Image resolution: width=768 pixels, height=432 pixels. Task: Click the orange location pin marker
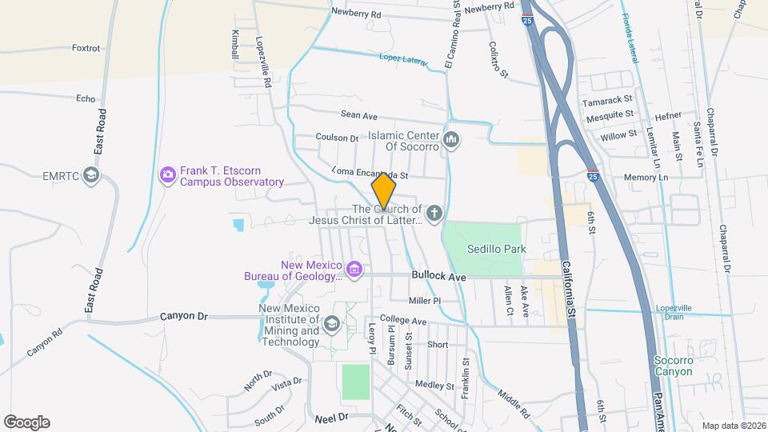tap(384, 190)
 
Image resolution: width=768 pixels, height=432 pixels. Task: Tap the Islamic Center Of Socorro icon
tap(452, 141)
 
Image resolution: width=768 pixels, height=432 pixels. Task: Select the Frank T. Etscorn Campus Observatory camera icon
tap(167, 174)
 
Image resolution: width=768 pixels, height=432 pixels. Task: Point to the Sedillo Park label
tap(496, 249)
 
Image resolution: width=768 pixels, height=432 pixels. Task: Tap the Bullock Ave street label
tap(438, 276)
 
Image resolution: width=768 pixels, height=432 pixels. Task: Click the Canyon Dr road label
tap(183, 316)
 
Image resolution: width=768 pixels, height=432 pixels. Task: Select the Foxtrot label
tap(86, 48)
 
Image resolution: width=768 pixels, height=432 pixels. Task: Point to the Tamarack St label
tap(607, 102)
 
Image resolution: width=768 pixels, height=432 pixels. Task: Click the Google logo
tap(26, 422)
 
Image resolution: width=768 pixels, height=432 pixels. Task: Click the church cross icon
tap(434, 213)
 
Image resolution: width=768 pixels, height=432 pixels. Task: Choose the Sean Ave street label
tap(358, 115)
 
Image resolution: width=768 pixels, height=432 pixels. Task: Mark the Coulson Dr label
tap(337, 138)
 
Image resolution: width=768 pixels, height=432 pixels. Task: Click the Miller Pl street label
tap(425, 301)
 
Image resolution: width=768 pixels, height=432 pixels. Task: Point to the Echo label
tap(86, 98)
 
